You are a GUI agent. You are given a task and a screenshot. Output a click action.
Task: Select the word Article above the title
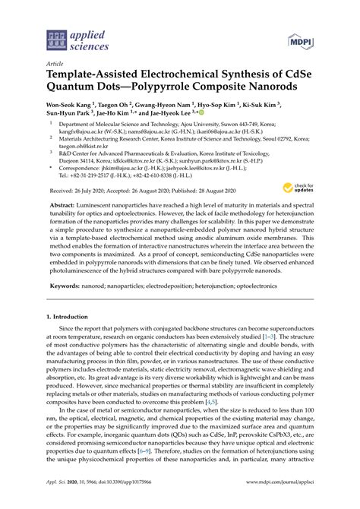(56, 66)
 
